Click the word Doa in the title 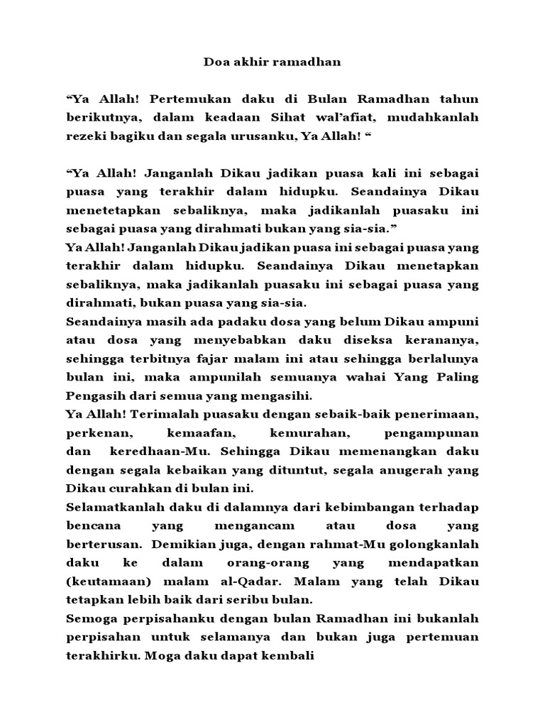(216, 62)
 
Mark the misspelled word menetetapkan (112, 211)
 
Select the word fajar (231, 359)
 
